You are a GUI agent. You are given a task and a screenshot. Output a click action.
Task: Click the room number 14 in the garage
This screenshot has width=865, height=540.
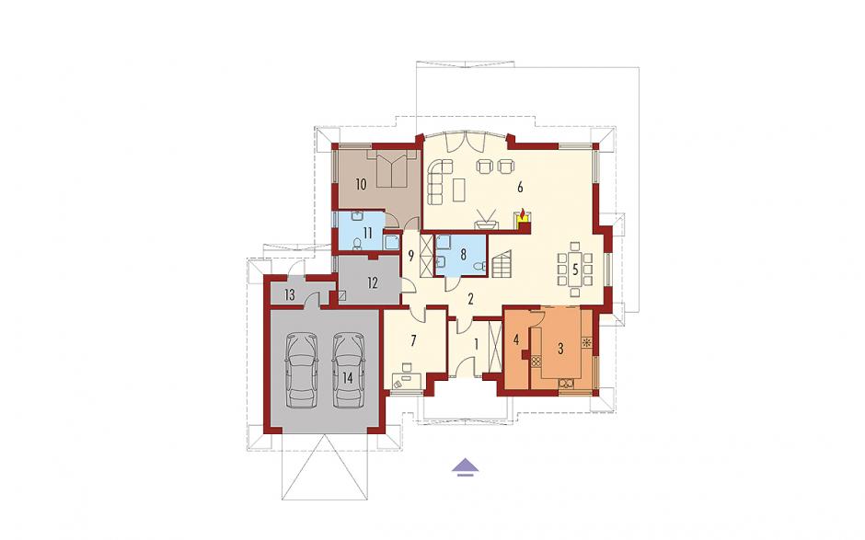point(347,378)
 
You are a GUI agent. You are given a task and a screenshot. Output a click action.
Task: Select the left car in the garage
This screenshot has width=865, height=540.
point(302,370)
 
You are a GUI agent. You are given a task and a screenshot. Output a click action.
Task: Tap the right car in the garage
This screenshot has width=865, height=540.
point(348,370)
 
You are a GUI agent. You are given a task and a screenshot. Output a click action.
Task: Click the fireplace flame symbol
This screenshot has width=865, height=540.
point(523,213)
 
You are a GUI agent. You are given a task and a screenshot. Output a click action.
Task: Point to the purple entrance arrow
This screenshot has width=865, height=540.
point(466,466)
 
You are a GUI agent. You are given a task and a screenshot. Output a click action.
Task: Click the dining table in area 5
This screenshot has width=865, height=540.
point(575,270)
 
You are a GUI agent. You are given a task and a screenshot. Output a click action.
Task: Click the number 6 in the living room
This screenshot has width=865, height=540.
point(520,187)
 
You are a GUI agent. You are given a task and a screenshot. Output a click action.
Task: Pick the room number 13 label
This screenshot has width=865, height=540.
point(290,295)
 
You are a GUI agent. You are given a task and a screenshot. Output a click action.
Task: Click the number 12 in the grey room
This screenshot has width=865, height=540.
point(373,283)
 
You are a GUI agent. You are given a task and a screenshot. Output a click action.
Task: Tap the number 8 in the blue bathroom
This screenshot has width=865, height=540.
point(464,254)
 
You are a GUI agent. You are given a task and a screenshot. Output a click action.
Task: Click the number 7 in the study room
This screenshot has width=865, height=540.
point(412,340)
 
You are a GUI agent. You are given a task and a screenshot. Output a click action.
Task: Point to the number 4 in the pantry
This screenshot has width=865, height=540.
point(516,339)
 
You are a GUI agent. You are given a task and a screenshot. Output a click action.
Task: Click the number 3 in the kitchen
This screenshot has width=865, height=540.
point(561,349)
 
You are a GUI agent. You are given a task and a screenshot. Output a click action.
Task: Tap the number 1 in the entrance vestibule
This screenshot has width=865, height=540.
point(477,344)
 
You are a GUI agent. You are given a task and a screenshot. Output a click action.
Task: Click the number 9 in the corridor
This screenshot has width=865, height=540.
point(410,256)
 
